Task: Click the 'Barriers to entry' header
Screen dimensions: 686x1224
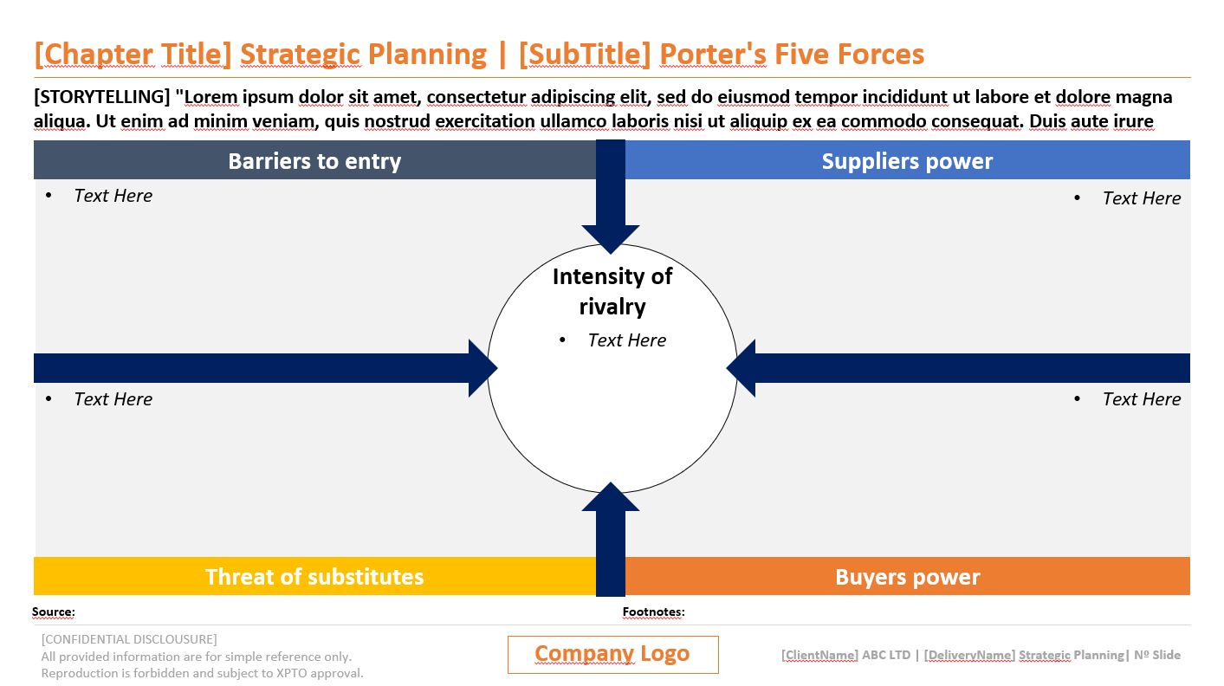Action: (314, 161)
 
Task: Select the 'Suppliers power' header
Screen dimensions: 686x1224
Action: (907, 161)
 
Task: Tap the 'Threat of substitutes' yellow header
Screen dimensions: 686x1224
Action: (314, 577)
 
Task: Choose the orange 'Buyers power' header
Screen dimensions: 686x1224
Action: (907, 577)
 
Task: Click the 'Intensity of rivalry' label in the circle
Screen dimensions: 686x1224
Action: (612, 291)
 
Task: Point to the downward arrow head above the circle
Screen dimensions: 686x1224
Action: (611, 238)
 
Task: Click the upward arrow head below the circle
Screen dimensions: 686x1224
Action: (611, 498)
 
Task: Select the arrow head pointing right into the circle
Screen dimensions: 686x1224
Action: (482, 368)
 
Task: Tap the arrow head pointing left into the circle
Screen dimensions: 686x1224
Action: (742, 368)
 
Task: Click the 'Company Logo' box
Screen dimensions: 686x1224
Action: (612, 654)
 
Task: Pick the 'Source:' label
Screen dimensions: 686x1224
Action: (54, 612)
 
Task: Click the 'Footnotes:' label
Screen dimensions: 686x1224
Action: (654, 612)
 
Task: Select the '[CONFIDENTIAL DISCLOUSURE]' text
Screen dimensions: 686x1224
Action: (129, 639)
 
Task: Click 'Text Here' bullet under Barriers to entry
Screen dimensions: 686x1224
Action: (113, 196)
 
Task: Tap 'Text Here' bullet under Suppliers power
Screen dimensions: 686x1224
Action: (1141, 198)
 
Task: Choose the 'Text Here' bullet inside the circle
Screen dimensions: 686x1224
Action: (626, 340)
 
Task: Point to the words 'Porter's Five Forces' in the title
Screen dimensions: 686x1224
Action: (792, 55)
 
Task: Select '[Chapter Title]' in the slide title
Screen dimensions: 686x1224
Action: (133, 55)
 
